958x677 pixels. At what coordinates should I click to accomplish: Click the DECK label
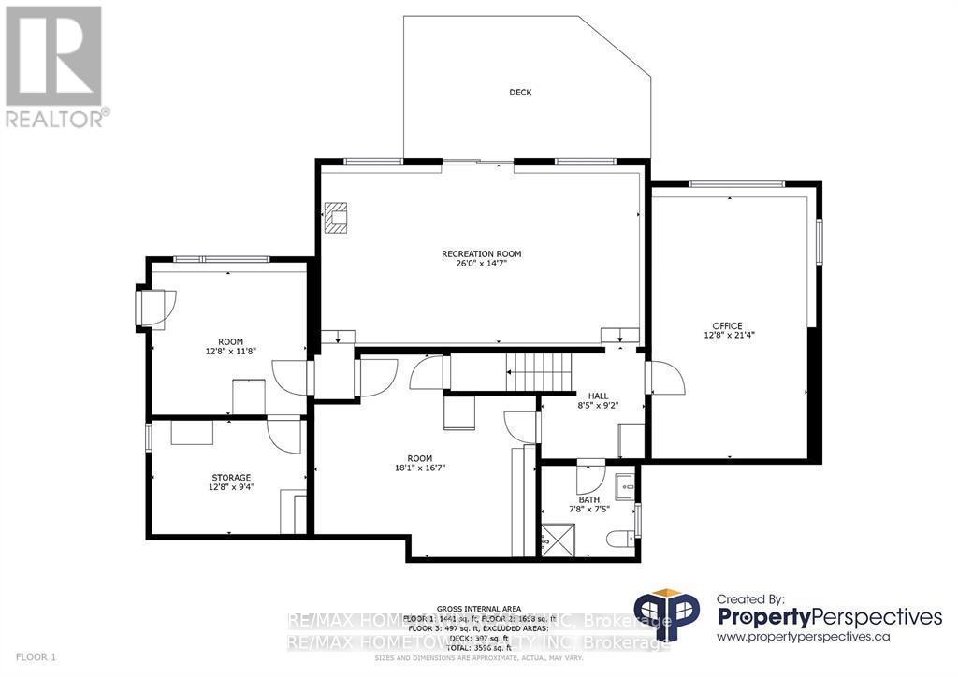click(520, 93)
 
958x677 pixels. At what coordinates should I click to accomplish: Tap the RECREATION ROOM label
click(481, 253)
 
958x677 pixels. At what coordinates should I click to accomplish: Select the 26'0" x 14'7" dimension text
click(481, 264)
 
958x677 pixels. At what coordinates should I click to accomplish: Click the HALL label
click(586, 396)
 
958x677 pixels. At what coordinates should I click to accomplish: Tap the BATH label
click(588, 499)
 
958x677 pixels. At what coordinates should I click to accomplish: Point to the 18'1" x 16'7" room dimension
click(419, 468)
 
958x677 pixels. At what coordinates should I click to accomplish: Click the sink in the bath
click(624, 486)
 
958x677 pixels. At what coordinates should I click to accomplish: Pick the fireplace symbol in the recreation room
click(336, 218)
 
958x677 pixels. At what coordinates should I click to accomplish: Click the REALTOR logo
click(55, 66)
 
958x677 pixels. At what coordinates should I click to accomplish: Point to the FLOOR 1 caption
click(34, 657)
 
